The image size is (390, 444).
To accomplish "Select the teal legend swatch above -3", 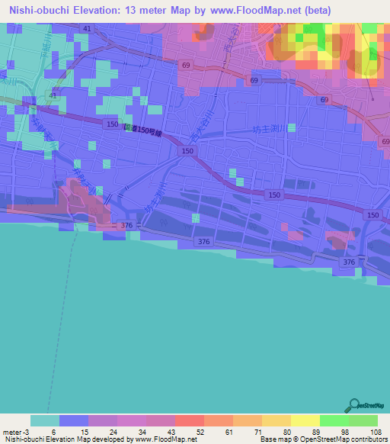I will click(45, 420).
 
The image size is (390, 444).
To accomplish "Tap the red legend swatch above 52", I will click(189, 420).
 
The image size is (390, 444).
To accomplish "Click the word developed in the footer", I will click(108, 439).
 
